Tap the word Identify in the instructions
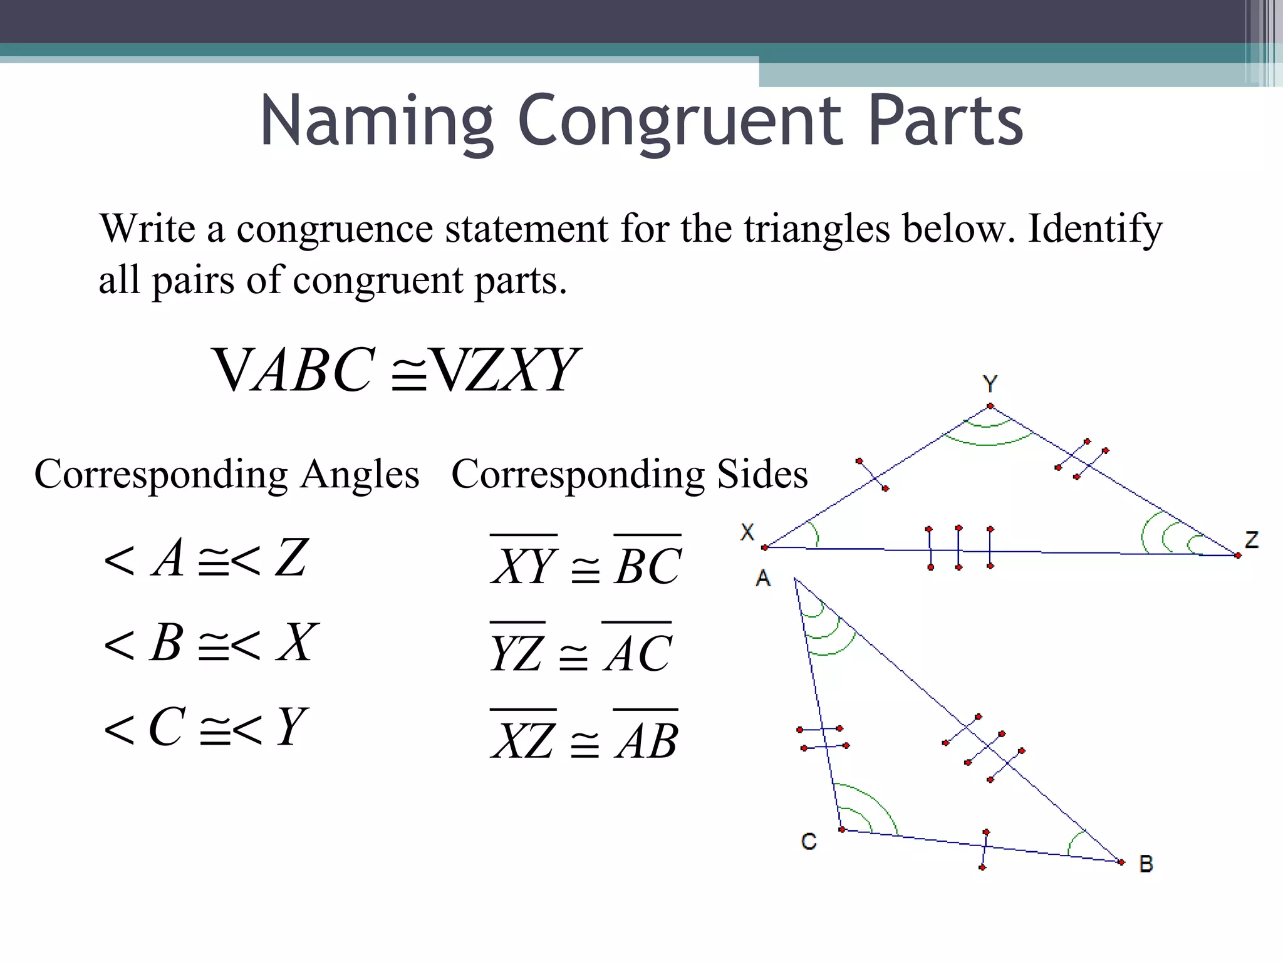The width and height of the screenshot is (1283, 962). click(x=1094, y=229)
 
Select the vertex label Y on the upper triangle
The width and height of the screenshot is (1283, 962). click(x=990, y=383)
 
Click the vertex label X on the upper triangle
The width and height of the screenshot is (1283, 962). click(x=747, y=532)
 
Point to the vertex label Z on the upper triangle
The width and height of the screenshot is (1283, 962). click(x=1252, y=540)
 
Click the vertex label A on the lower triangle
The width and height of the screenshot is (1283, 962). click(x=763, y=577)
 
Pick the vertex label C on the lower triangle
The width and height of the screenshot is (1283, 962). click(x=809, y=841)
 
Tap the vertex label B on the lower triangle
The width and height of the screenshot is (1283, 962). click(x=1146, y=864)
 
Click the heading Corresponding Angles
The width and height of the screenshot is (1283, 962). click(x=226, y=474)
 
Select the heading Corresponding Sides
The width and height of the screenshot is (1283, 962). click(x=629, y=474)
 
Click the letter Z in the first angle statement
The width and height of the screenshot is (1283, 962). click(x=292, y=557)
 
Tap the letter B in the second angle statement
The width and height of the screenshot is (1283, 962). click(x=166, y=643)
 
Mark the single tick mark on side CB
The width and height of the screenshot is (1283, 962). click(x=984, y=849)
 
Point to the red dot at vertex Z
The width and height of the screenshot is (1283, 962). click(x=1238, y=556)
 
